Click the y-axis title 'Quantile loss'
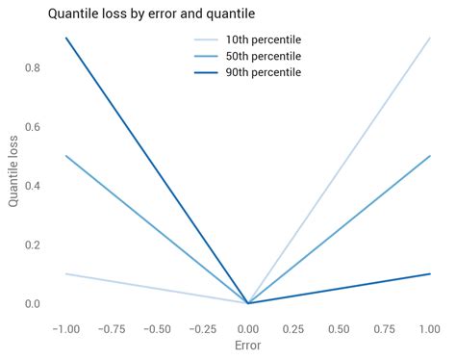pyautogui.click(x=13, y=170)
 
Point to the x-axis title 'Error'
pyautogui.click(x=248, y=345)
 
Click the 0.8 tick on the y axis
pyautogui.click(x=34, y=67)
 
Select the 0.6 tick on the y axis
pyautogui.click(x=34, y=127)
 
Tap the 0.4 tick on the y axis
pyautogui.click(x=34, y=186)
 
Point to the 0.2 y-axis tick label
pyautogui.click(x=34, y=244)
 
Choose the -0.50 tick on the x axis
pyautogui.click(x=156, y=327)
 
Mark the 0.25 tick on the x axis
pyautogui.click(x=294, y=327)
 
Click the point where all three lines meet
pyautogui.click(x=248, y=303)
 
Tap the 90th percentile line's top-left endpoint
pyautogui.click(x=65, y=38)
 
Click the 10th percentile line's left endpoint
pyautogui.click(x=65, y=274)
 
